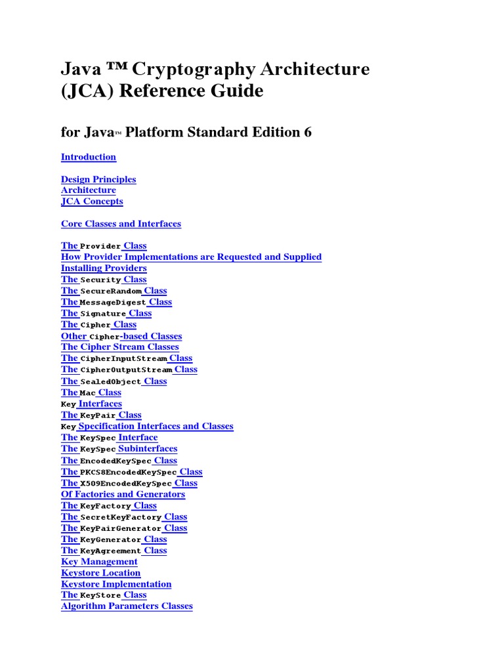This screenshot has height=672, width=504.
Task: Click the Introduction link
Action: (x=89, y=157)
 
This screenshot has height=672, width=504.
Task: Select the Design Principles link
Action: (x=98, y=179)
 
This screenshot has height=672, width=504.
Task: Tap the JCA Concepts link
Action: (x=92, y=201)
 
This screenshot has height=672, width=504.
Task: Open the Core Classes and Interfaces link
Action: (x=121, y=224)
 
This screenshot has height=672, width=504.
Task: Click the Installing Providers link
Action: (x=104, y=268)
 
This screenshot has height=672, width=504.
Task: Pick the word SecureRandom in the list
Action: (x=111, y=291)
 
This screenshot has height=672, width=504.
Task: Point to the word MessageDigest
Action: (x=112, y=303)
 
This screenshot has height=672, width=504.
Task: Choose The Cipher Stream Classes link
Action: (x=119, y=346)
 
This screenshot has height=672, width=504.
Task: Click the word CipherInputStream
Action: (x=123, y=359)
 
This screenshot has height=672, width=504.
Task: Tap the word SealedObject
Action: (x=110, y=382)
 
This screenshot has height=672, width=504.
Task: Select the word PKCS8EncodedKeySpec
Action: (x=128, y=472)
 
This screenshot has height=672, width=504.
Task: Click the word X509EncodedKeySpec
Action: (x=125, y=484)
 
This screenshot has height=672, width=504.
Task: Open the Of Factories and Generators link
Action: (x=123, y=494)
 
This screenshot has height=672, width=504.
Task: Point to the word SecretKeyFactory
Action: (x=121, y=518)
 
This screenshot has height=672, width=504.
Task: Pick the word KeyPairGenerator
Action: (x=121, y=529)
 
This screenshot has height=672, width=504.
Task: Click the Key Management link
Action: (x=99, y=562)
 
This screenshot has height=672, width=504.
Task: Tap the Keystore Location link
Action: (x=100, y=573)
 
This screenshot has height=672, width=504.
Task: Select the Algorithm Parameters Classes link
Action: (x=127, y=606)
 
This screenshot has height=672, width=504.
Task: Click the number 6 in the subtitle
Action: (x=307, y=133)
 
